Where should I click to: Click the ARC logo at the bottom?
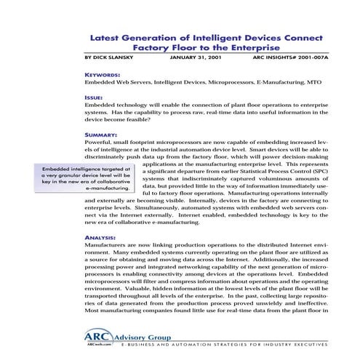pos(101,337)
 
